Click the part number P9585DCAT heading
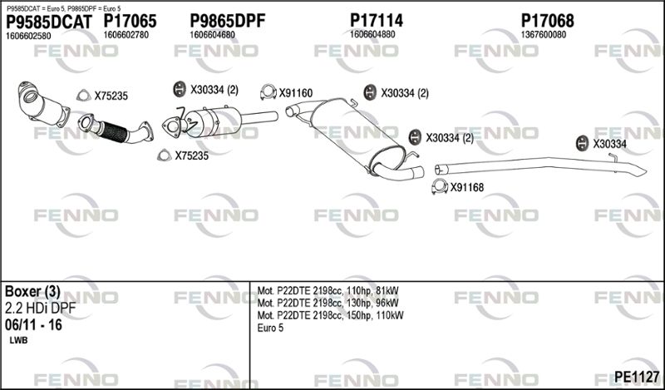pos(48,22)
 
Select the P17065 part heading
pos(131,21)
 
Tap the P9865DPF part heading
pos(227,20)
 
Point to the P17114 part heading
pos(377,20)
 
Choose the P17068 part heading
pos(547,20)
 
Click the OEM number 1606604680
pos(212,35)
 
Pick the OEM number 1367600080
pos(544,35)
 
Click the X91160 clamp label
pos(296,93)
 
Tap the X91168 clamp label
pos(467,187)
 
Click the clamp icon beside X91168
pos(440,186)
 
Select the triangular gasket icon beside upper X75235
pos(84,96)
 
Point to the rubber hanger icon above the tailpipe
pos(583,143)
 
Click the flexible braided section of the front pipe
pos(115,131)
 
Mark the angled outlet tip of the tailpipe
pos(638,170)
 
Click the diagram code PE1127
pos(637,377)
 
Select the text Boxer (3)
pos(32,292)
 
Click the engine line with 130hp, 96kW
pos(328,303)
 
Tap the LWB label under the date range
pos(18,340)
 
